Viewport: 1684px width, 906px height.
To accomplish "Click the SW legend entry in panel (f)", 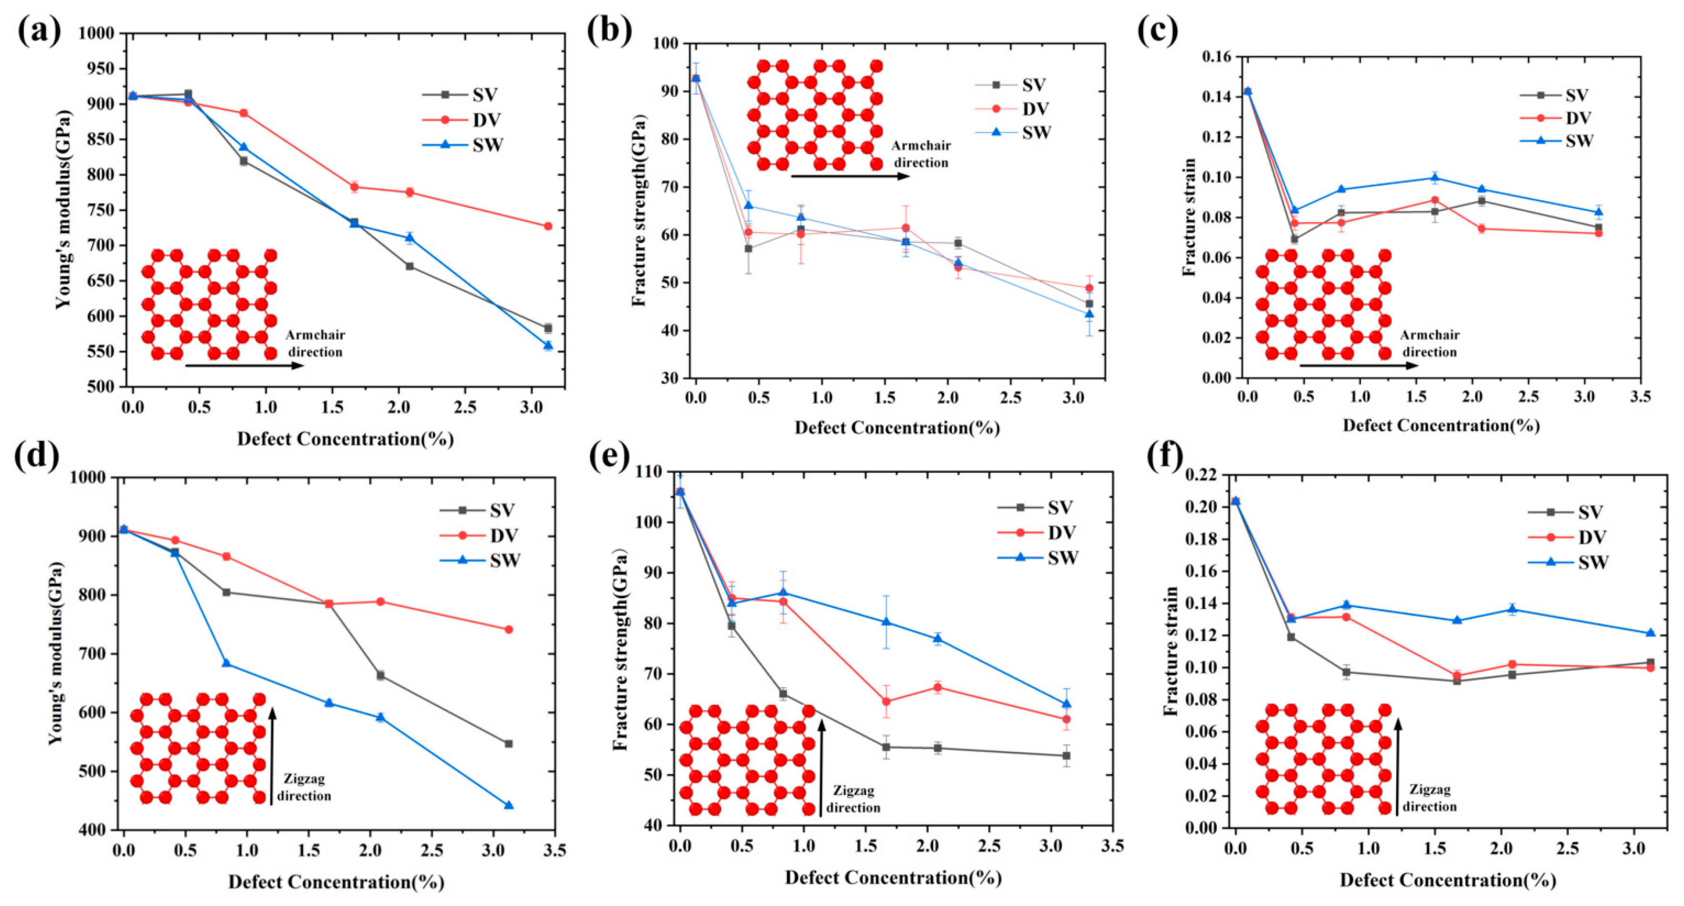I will [x=1592, y=562].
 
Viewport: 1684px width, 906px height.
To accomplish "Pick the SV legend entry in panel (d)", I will [x=502, y=510].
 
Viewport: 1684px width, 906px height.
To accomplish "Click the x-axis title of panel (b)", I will [x=897, y=428].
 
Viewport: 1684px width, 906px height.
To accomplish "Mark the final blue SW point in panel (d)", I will [x=509, y=804].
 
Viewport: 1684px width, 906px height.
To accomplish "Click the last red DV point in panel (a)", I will [x=548, y=226].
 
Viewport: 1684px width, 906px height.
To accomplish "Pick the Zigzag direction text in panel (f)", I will [x=1429, y=798].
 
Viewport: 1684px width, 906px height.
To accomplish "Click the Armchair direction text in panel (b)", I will [x=920, y=153].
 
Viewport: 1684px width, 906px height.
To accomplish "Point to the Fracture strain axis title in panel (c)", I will [x=1191, y=217].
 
